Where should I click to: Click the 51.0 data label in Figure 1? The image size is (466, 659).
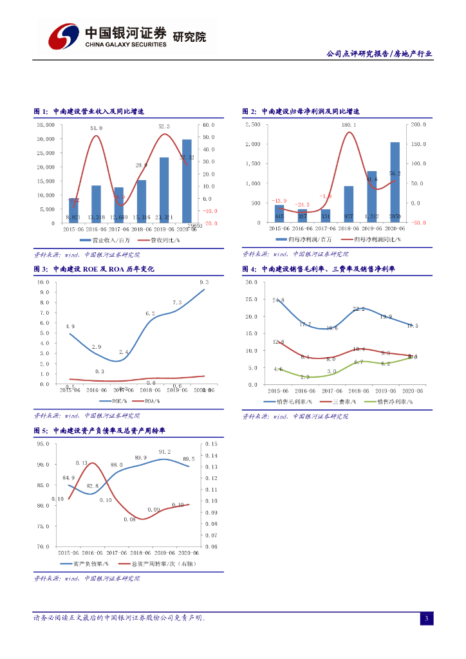tap(96, 128)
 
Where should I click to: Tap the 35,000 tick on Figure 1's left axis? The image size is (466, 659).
tap(45, 124)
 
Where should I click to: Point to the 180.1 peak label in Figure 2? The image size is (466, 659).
tap(349, 124)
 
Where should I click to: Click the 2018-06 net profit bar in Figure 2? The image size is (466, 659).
tap(349, 204)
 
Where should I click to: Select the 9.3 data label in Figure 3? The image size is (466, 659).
tap(204, 283)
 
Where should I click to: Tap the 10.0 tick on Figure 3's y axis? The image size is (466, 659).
tap(44, 282)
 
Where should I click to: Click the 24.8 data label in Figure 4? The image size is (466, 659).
tap(278, 301)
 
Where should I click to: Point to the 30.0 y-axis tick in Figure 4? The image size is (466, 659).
tap(252, 282)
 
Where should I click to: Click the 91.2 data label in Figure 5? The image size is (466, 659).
tap(165, 452)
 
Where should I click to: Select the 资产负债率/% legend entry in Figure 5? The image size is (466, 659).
tap(84, 563)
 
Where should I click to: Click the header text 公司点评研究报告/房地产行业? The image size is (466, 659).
tap(379, 55)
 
